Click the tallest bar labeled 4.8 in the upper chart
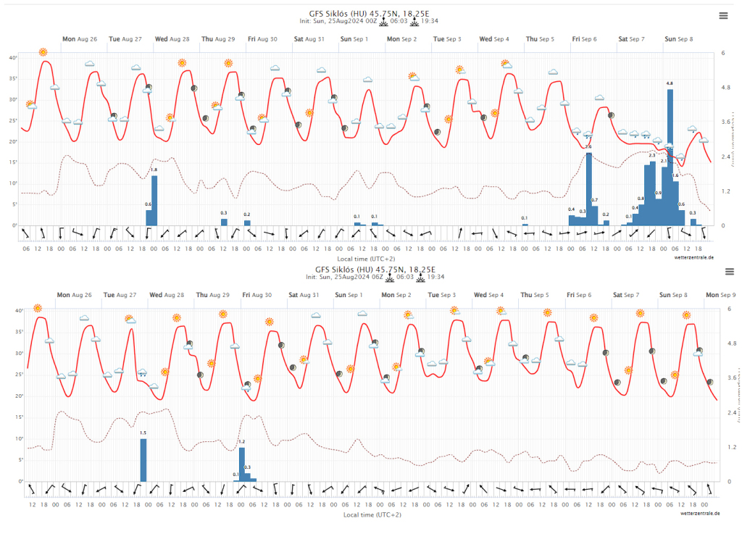pos(670,156)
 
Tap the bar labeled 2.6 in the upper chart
pos(589,188)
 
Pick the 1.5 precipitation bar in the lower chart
pos(143,460)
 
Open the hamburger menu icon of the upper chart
pos(722,15)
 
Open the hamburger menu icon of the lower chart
pos(730,271)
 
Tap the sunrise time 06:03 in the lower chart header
pos(405,277)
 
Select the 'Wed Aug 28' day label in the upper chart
pos(172,39)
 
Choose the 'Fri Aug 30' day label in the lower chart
pos(257,295)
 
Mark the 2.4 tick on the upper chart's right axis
pos(727,157)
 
